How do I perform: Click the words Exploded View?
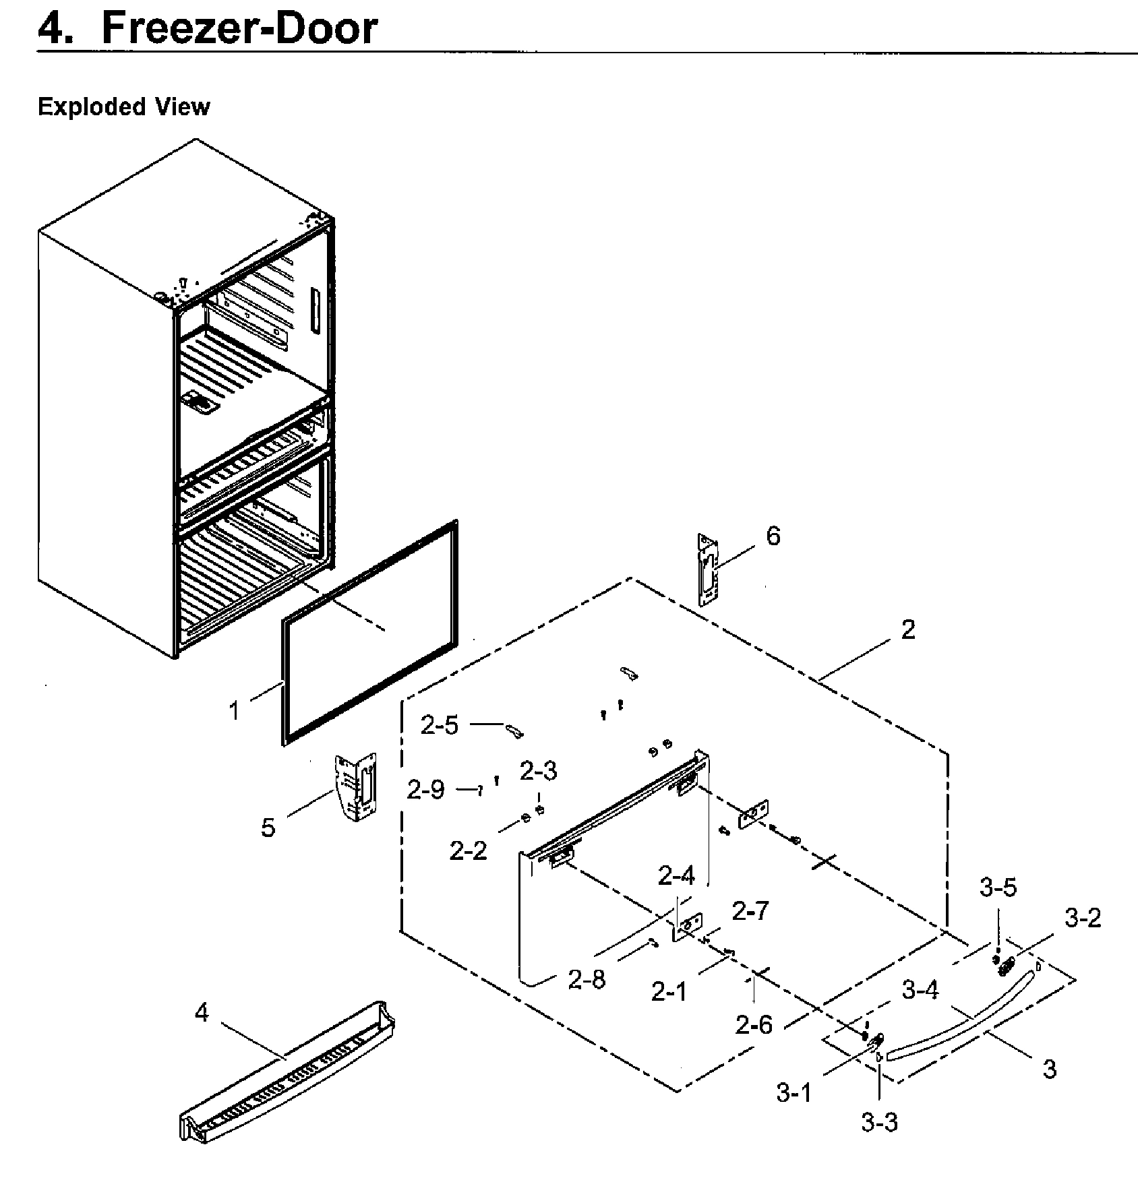[x=123, y=107]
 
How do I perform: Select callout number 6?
[x=773, y=536]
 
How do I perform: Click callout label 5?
[x=268, y=828]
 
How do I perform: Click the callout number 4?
[x=202, y=1013]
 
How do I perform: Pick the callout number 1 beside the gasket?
[x=234, y=711]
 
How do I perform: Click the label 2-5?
[x=439, y=726]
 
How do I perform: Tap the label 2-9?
[x=425, y=790]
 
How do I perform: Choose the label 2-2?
[x=468, y=852]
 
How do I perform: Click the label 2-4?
[x=676, y=877]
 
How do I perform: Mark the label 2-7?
[x=750, y=912]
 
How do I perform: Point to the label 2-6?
[x=754, y=1026]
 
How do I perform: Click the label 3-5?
[x=998, y=888]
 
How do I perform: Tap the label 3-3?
[x=879, y=1123]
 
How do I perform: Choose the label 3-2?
[x=1083, y=918]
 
